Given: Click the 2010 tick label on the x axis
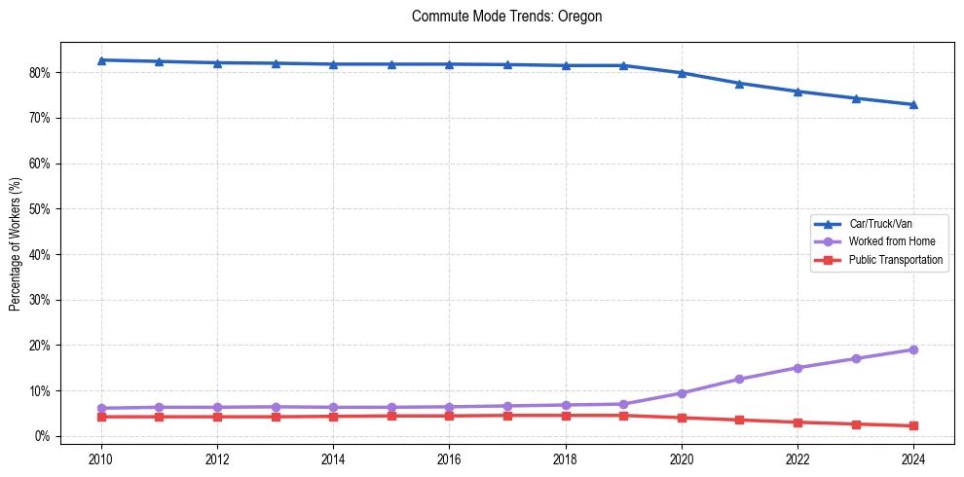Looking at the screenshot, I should pos(101,459).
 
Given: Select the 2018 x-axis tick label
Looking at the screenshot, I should pos(566,459).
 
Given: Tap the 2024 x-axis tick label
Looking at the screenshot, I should pos(913,459).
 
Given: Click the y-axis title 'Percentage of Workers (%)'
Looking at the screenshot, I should pos(16,245).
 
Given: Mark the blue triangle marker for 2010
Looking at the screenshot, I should pos(101,60).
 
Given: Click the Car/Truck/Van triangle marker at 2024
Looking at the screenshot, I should pos(913,104).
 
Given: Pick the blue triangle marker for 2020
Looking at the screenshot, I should pos(682,73).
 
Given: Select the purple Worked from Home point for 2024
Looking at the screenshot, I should pos(913,349).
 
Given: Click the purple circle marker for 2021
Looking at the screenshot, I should pos(739,379).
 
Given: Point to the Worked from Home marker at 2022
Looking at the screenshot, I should pos(797,368).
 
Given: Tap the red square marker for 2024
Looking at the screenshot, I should pos(913,425).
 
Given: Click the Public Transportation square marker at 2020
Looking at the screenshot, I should pos(682,418).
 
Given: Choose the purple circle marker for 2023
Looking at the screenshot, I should pos(856,358).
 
